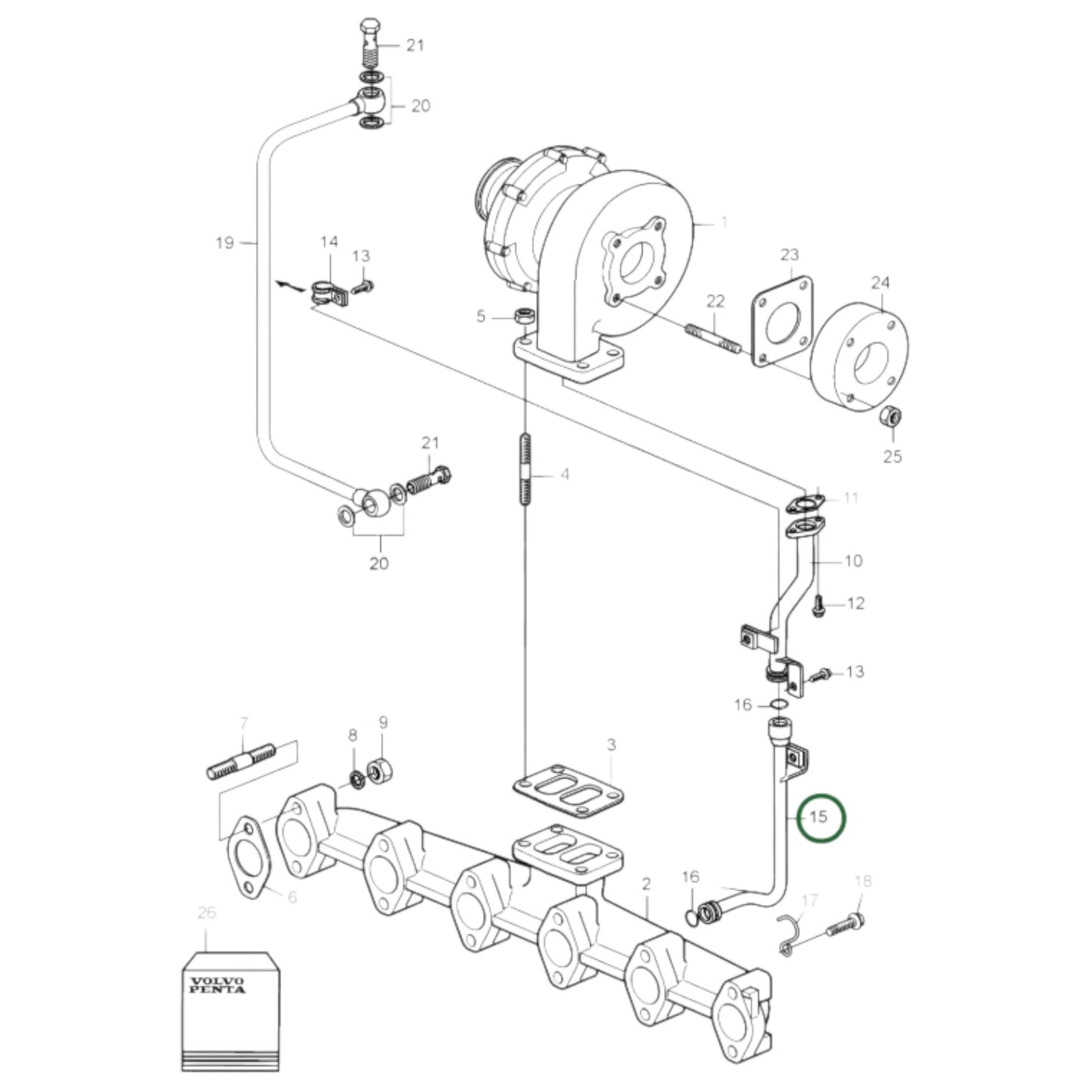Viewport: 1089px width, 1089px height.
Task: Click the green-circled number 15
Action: (821, 817)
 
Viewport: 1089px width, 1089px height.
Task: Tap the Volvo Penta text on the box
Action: (218, 985)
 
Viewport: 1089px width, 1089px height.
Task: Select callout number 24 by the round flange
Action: (879, 283)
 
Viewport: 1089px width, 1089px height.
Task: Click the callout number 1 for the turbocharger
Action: (723, 222)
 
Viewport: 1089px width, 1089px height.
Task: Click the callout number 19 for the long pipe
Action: (225, 243)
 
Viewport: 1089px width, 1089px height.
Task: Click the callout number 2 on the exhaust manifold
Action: (646, 883)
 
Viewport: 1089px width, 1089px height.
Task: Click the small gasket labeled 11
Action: (806, 502)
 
